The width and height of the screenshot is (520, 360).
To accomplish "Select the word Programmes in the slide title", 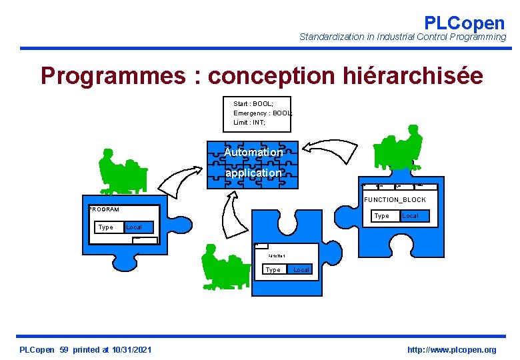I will tap(113, 76).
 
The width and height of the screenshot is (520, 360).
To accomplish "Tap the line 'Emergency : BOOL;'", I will tap(263, 113).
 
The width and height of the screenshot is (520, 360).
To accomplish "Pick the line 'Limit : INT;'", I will tap(249, 122).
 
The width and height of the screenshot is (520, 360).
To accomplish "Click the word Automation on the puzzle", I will tap(253, 152).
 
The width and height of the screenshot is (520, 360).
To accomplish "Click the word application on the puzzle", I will tap(253, 173).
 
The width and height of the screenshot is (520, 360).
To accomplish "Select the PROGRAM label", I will tap(105, 209).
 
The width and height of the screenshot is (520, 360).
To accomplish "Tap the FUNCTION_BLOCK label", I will tap(395, 199).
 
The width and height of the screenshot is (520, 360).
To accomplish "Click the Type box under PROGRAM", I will tap(105, 227).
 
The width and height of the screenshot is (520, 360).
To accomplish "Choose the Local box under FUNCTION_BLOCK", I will tap(410, 216).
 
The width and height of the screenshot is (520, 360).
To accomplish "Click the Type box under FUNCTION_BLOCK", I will tap(382, 216).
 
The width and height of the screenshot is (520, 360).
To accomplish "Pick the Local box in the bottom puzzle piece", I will tap(301, 269).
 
